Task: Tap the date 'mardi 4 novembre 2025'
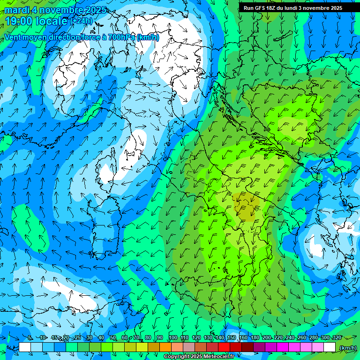[56, 10]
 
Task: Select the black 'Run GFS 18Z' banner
[299, 7]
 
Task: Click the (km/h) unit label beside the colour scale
[347, 347]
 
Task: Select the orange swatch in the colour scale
[165, 347]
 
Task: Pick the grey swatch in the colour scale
[189, 347]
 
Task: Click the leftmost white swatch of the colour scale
[25, 347]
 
